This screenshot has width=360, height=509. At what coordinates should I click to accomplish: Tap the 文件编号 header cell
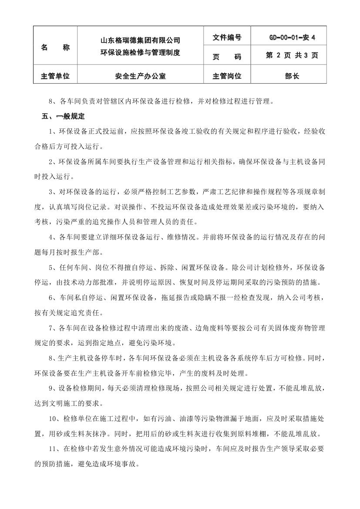[227, 38]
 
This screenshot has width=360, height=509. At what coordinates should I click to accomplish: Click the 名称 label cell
[55, 47]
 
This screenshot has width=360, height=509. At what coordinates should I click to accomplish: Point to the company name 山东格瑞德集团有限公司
[140, 40]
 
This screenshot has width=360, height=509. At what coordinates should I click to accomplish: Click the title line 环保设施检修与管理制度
[140, 53]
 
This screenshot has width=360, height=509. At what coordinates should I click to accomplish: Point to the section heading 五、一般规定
[63, 117]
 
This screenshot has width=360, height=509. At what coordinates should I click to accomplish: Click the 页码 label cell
[227, 56]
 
